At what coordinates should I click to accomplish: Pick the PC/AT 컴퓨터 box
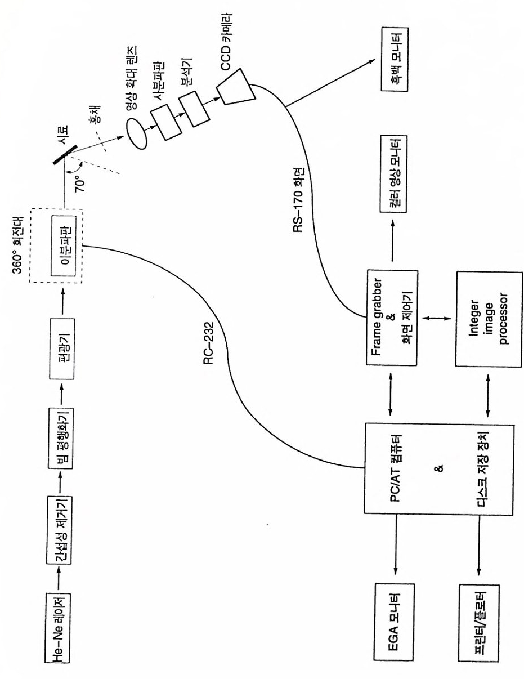(x=437, y=467)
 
